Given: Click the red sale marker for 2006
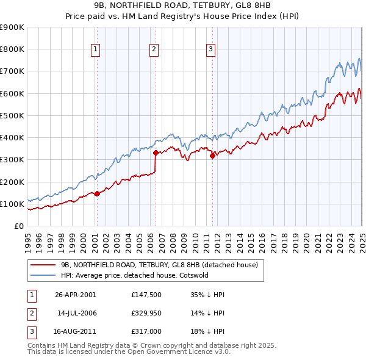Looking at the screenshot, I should pos(156,153).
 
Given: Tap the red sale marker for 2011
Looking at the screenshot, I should pos(212,156).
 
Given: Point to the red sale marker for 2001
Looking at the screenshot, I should pos(97,193).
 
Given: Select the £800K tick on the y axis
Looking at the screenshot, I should pos(12,49).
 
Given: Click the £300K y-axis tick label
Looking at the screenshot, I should pos(12,160).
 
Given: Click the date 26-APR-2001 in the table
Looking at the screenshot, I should pos(76,295).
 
